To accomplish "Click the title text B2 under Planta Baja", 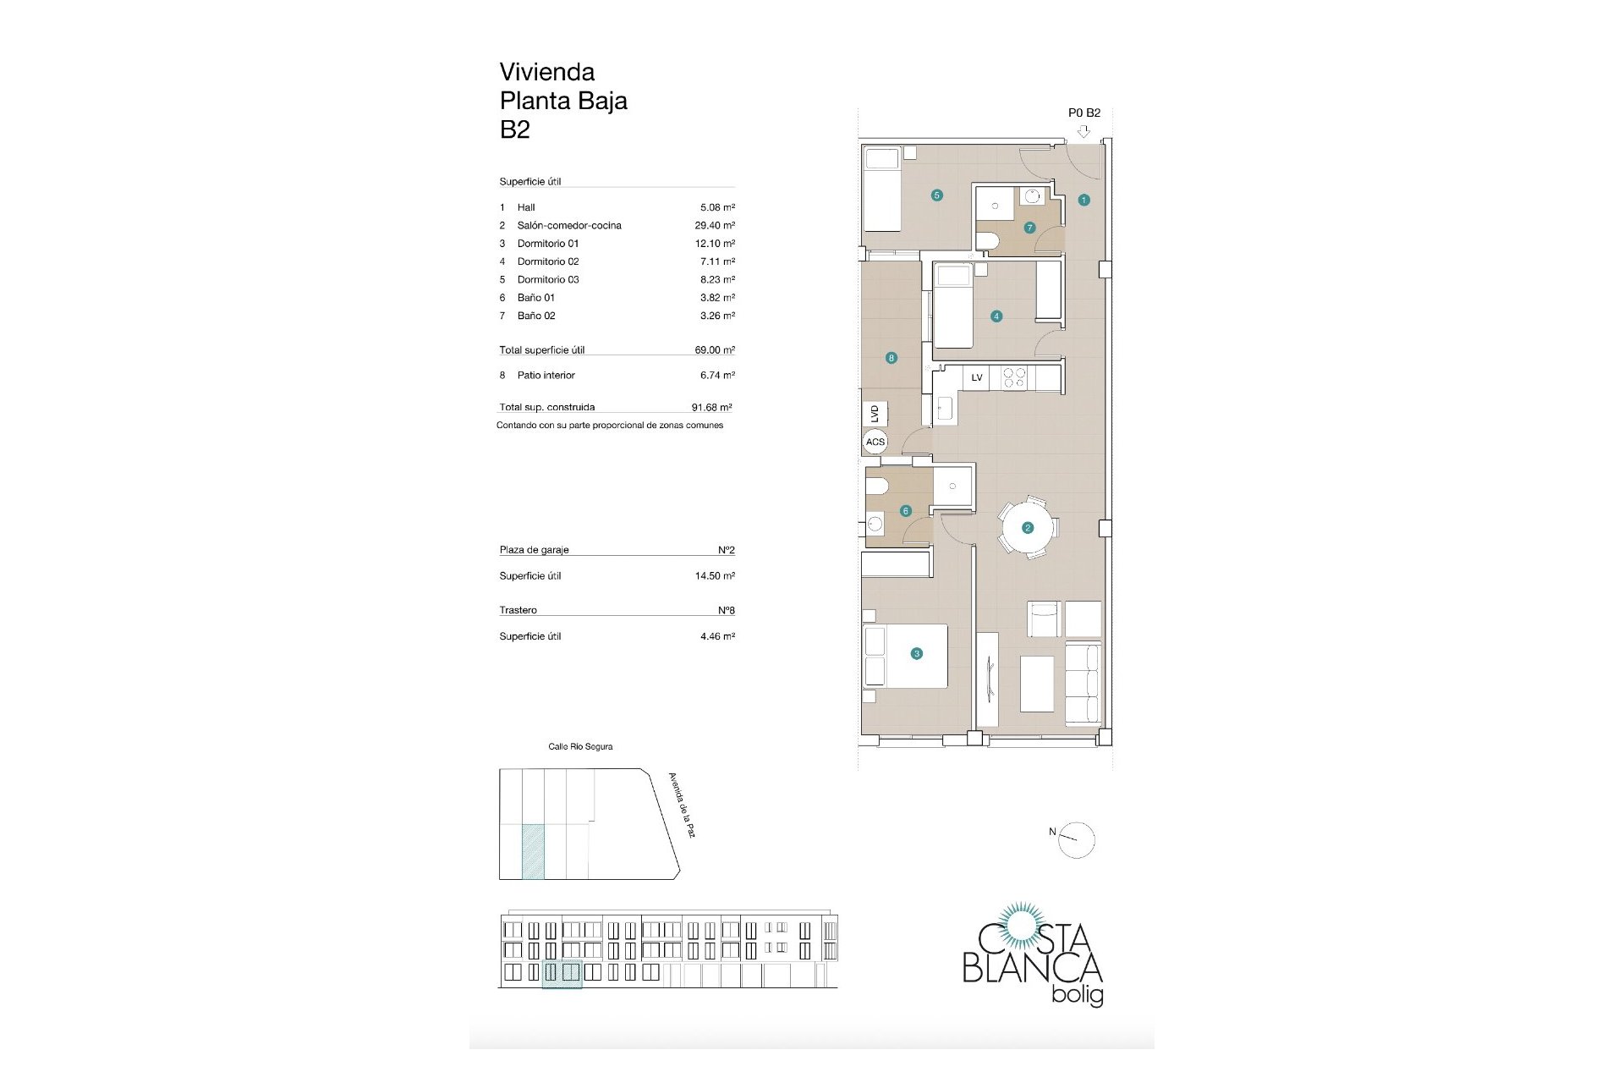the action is (514, 129).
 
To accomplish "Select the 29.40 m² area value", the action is (715, 225).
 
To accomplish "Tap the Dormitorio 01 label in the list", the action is (548, 244).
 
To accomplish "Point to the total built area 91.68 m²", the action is (711, 407).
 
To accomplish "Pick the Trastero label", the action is (518, 610).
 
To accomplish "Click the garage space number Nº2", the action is (727, 550).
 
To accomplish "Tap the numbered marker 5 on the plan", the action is (936, 195).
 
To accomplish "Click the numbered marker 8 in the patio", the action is (891, 358).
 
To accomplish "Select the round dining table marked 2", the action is (1028, 528).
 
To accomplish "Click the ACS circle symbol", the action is (875, 442).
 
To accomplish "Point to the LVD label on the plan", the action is (875, 414).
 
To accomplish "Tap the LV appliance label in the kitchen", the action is (977, 377).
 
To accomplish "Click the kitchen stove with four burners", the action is (1014, 378).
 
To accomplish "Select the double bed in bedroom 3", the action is (905, 656).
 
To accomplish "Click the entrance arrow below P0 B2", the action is (1084, 131).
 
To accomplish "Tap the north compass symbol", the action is (1077, 840).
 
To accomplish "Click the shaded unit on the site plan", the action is (533, 852).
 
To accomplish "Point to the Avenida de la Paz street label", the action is (682, 805).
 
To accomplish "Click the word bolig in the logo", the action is (1077, 995).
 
